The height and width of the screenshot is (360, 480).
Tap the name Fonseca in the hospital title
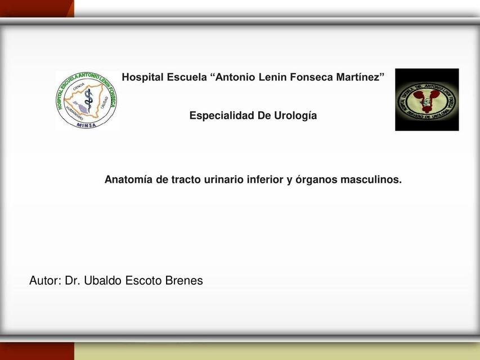coord(312,77)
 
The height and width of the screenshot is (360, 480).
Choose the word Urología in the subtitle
coord(295,116)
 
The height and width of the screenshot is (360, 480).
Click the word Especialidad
coord(222,116)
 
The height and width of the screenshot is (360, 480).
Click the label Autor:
coord(46,281)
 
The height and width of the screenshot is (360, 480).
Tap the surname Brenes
coord(183,281)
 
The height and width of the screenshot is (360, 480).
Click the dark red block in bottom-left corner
coord(37,352)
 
